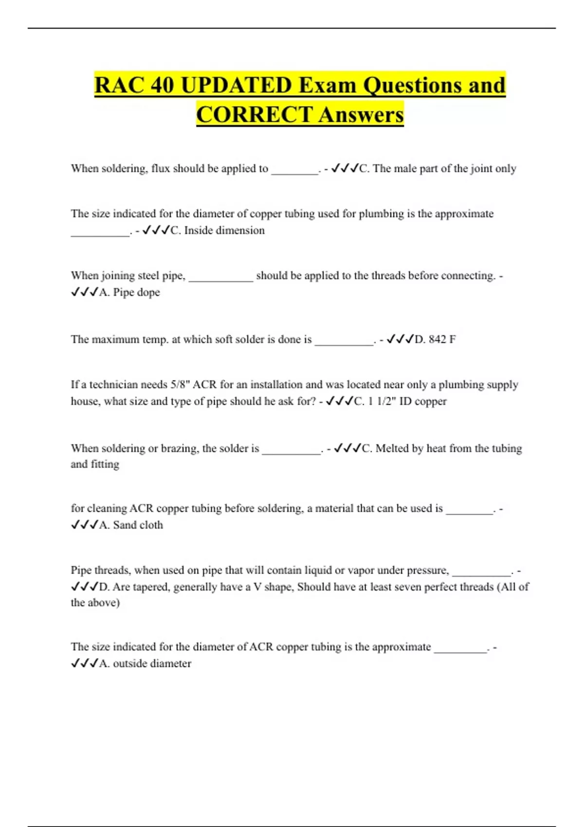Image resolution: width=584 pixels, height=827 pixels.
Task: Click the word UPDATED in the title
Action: point(236,85)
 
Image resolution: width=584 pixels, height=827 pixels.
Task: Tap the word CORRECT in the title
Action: point(255,115)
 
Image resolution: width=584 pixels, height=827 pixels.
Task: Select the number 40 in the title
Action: point(162,85)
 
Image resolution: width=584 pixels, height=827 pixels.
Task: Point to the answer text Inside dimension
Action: point(224,230)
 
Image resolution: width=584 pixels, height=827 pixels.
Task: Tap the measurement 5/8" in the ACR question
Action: point(179,384)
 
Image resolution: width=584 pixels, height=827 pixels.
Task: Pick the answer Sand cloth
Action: point(138,525)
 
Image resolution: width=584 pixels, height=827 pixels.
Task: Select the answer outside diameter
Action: point(152,663)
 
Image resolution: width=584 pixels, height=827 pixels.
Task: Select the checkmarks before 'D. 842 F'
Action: point(400,339)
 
